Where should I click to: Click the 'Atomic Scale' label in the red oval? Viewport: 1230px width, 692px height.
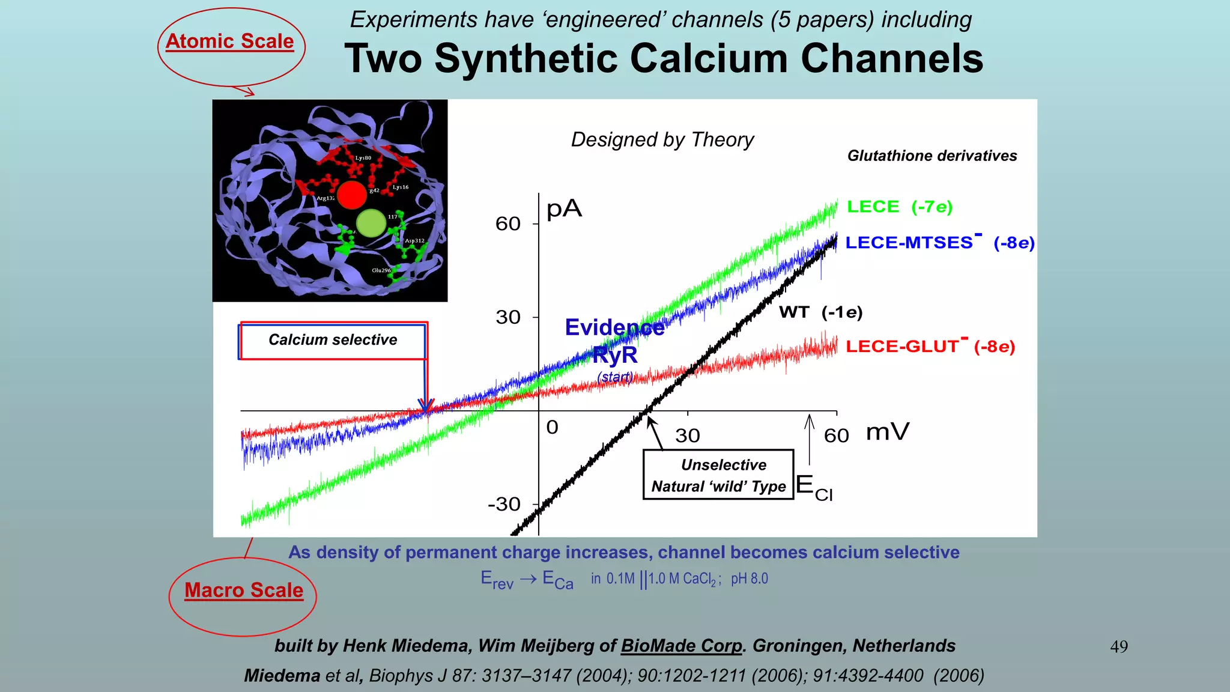230,41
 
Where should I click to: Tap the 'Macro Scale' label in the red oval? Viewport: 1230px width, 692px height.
244,590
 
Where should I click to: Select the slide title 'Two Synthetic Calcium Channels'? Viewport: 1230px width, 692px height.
664,59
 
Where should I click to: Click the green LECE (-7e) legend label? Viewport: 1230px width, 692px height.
899,207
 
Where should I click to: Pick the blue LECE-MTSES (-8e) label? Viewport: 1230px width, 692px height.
939,242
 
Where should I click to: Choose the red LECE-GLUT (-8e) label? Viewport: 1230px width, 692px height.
930,346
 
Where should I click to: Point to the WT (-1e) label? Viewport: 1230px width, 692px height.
820,312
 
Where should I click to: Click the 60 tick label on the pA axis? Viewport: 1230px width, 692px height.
507,224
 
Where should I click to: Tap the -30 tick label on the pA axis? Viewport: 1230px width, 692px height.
504,504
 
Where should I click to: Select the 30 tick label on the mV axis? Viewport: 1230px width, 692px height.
687,436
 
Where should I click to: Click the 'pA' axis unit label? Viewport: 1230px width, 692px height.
564,209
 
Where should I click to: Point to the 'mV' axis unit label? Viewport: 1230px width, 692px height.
887,432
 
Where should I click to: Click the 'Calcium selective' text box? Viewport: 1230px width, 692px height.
333,340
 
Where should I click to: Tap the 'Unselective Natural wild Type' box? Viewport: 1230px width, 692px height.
718,475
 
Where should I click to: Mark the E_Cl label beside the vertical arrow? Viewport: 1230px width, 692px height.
814,487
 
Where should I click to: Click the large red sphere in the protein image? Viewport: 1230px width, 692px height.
351,195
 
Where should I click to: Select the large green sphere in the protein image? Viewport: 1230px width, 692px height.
371,223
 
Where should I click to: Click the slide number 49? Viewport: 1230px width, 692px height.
1119,646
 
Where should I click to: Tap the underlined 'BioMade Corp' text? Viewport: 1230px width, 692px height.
682,646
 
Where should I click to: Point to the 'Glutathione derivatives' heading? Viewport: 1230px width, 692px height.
932,156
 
